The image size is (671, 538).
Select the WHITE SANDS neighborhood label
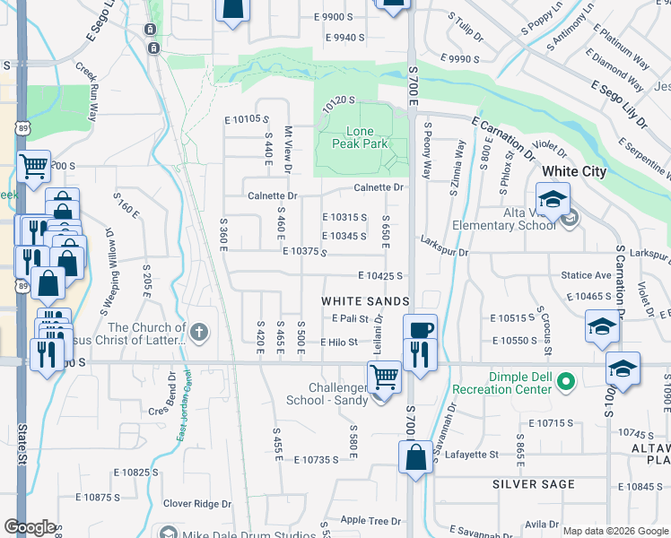tap(366, 300)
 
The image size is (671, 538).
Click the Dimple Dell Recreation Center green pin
tap(565, 383)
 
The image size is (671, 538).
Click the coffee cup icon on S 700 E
tap(420, 329)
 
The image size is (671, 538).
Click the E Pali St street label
tap(351, 318)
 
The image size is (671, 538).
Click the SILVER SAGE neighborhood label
tap(533, 484)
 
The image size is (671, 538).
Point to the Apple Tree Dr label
tap(370, 520)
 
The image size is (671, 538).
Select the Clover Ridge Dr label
tap(196, 504)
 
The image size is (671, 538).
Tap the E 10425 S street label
tap(380, 276)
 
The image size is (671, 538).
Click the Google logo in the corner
tap(30, 527)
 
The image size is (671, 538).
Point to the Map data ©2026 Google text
tap(616, 531)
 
